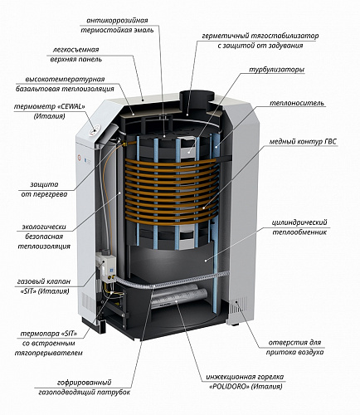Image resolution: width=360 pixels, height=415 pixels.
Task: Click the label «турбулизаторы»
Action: [276, 70]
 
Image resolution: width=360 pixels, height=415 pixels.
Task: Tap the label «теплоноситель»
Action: [296, 103]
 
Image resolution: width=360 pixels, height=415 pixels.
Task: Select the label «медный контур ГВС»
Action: [303, 141]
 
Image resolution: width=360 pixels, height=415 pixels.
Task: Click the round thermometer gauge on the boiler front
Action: [93, 131]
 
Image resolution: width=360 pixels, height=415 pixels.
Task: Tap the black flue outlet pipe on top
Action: [197, 97]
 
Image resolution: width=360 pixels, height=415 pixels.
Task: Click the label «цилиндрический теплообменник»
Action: [299, 227]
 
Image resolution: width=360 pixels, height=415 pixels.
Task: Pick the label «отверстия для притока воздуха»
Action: [294, 347]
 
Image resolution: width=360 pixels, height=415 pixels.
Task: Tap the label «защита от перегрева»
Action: [44, 189]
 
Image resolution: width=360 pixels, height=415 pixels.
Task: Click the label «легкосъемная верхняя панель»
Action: [75, 55]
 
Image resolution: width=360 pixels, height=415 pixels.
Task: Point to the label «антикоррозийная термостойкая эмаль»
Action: [117, 25]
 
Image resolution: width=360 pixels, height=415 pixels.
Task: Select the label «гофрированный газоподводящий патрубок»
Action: [85, 388]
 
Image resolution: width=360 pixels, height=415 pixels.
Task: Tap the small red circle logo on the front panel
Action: [80, 159]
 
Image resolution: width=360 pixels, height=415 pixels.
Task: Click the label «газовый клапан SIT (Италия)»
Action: [44, 286]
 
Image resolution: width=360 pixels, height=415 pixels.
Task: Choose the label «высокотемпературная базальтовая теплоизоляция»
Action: [65, 84]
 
